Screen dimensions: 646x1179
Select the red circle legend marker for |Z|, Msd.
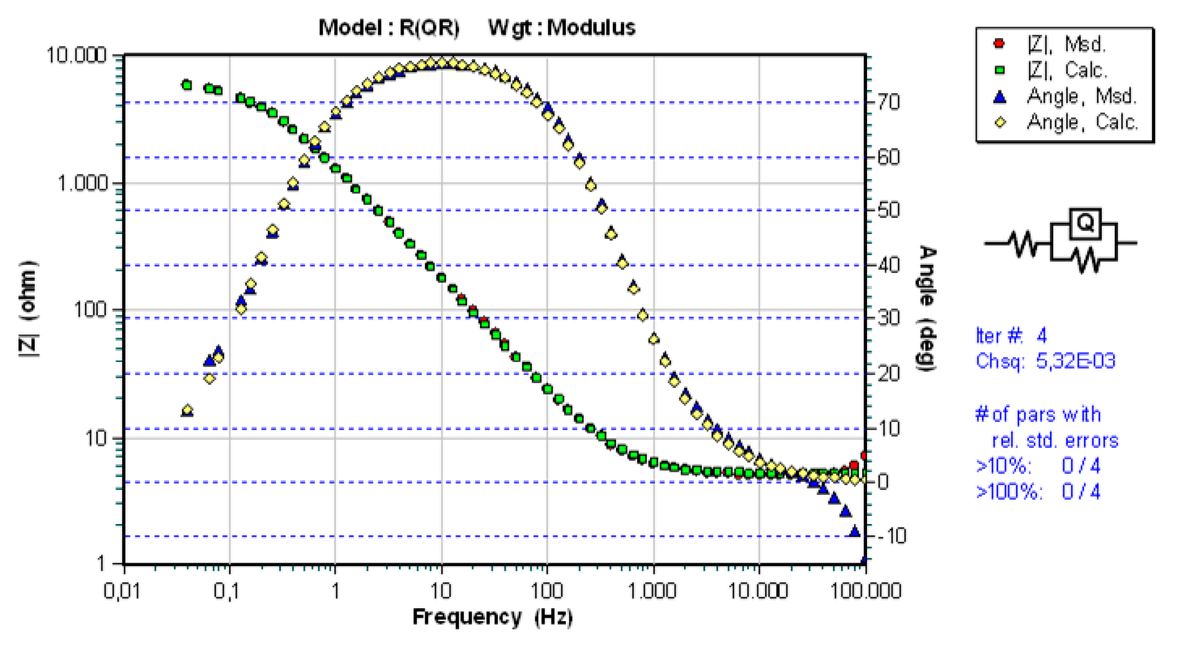[x=999, y=44]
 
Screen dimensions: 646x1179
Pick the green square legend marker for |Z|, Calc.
[x=999, y=70]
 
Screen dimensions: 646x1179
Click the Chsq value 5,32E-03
[x=1075, y=361]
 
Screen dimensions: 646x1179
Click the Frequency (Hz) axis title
[x=492, y=617]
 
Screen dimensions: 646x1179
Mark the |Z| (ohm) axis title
[x=28, y=309]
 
